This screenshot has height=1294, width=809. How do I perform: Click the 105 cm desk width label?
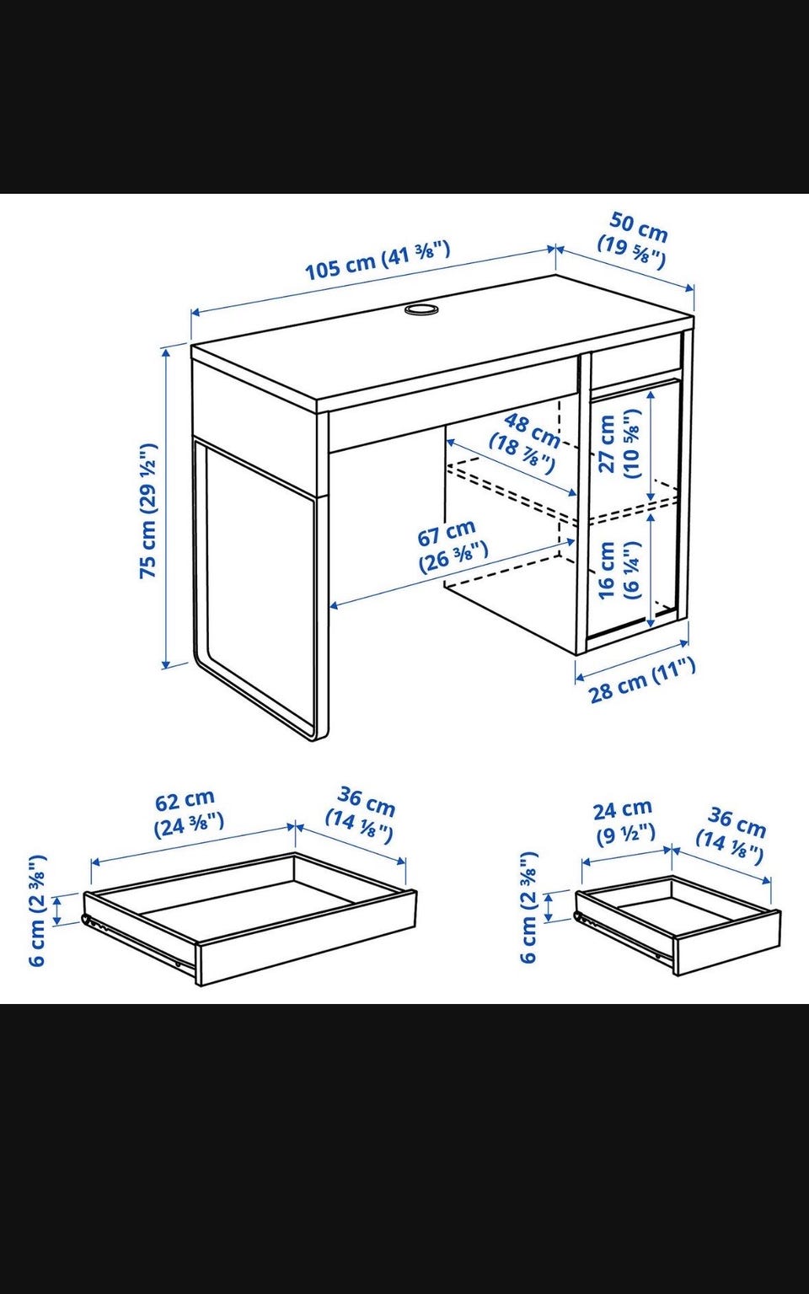377,260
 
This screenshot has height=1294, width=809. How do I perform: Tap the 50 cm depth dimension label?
633,240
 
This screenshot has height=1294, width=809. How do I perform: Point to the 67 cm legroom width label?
453,545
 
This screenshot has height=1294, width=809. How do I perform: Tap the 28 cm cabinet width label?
642,680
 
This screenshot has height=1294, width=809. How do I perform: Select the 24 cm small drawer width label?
624,821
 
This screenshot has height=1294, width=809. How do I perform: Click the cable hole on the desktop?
421,309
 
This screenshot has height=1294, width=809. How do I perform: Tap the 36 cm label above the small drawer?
731,835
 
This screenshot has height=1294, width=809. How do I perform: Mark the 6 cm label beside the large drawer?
38,910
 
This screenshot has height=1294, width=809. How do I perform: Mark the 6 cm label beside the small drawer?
529,906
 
